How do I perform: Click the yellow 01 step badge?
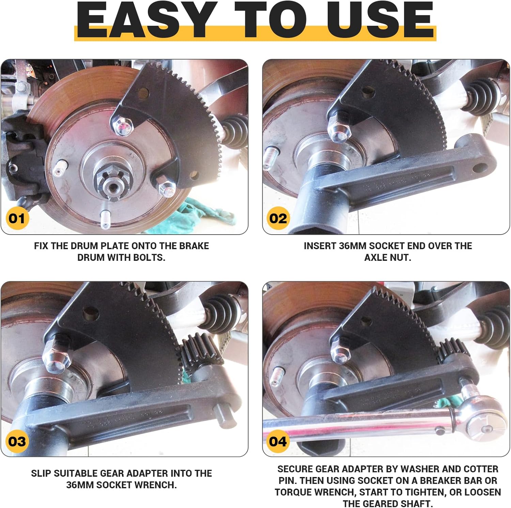[17, 218]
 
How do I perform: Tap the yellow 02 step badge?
[278, 218]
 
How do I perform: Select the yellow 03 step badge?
[17, 441]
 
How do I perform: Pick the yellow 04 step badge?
[278, 441]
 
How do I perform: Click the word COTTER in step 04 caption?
[481, 469]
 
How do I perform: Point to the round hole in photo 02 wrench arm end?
[480, 167]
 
